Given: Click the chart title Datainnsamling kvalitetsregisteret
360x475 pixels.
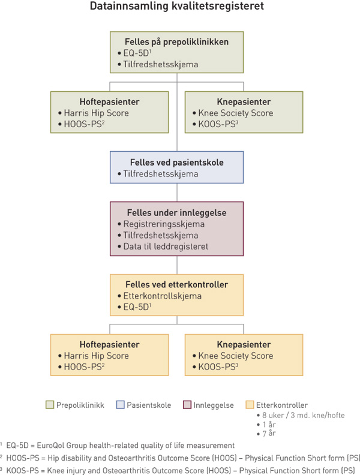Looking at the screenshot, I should [176, 8].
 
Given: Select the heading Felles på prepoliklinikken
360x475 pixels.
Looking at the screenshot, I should [176, 43].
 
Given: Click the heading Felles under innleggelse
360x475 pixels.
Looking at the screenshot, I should [176, 213].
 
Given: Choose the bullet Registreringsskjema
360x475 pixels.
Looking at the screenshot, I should [158, 224].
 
